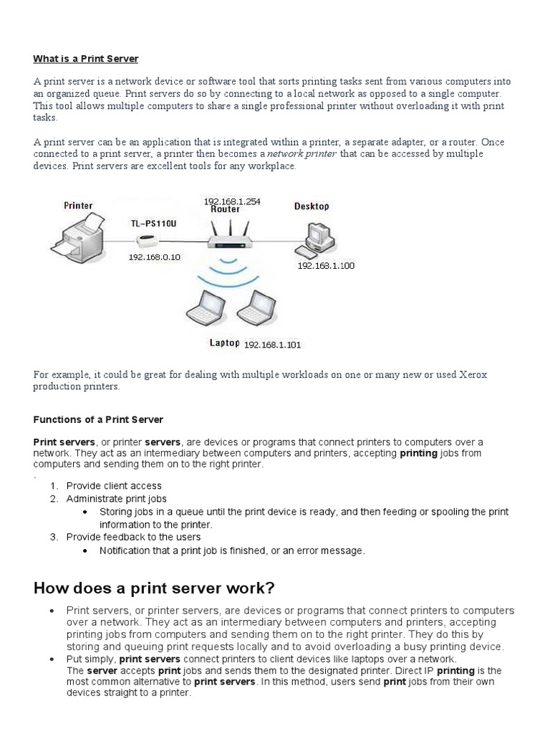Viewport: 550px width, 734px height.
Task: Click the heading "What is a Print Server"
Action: coord(85,58)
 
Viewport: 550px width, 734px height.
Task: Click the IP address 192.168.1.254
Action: coord(232,201)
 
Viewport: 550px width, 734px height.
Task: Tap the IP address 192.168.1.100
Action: coord(326,265)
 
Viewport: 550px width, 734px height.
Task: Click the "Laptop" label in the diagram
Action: coord(225,343)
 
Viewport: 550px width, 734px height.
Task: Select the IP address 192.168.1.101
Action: coord(273,344)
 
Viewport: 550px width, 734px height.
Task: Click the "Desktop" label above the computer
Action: coord(312,206)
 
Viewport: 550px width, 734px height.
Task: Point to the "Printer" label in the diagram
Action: coord(78,206)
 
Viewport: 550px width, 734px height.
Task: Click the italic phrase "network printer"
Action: coord(302,153)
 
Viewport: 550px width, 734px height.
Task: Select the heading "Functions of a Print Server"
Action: coord(98,419)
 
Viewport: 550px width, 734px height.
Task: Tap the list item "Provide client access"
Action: coord(114,485)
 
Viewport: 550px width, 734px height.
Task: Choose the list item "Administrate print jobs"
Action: coord(116,498)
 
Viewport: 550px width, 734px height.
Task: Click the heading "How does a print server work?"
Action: coord(154,588)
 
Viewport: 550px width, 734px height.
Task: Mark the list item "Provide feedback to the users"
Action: coord(133,537)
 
